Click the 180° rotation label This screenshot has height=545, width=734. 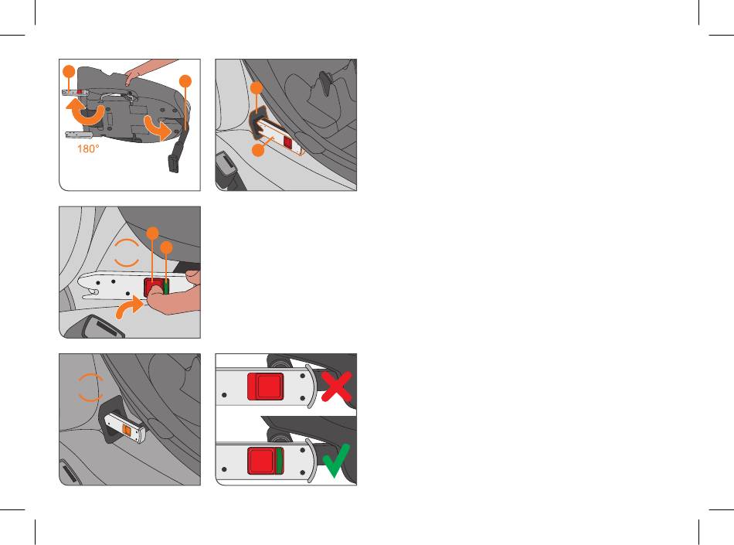88,149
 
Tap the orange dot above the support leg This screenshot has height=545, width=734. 186,81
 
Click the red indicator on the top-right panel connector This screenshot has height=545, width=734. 288,143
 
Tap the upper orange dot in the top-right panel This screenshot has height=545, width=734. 257,87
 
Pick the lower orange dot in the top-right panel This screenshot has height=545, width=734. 258,150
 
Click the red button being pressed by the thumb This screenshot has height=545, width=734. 153,286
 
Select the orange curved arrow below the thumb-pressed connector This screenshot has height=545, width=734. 128,308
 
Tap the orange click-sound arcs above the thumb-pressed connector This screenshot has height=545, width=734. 127,253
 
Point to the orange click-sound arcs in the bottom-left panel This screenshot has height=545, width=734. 90,387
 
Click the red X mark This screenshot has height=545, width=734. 337,387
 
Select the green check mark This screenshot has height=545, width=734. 337,461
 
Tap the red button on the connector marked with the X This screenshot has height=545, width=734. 266,387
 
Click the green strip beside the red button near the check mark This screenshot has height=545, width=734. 280,460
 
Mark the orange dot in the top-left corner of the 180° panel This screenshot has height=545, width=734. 69,71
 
